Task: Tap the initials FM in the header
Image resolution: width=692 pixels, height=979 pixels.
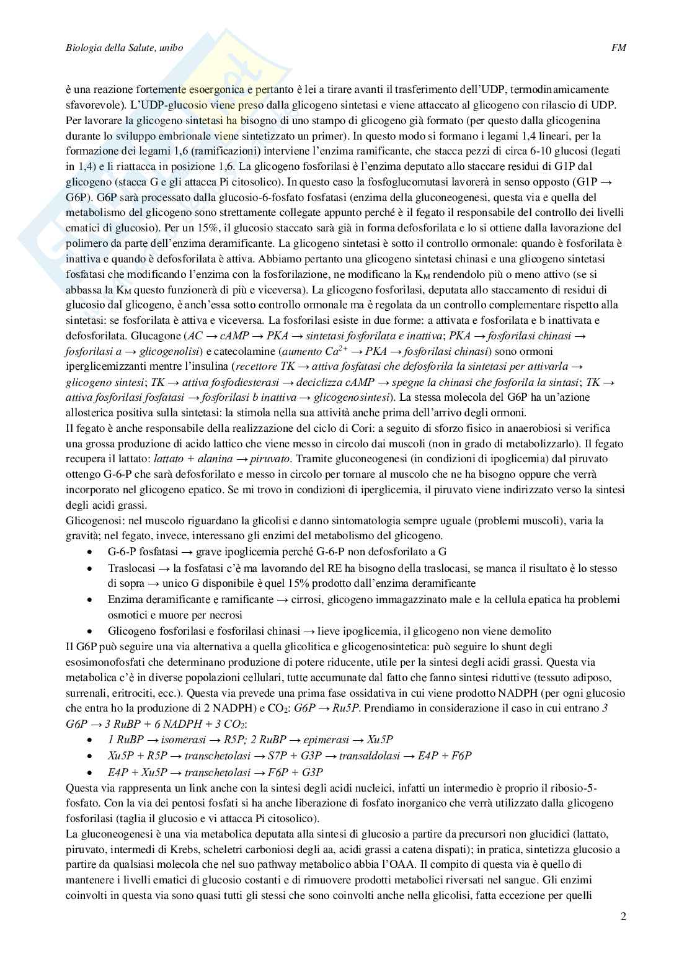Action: click(x=618, y=48)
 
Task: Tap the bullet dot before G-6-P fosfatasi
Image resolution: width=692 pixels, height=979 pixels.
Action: click(x=91, y=552)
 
